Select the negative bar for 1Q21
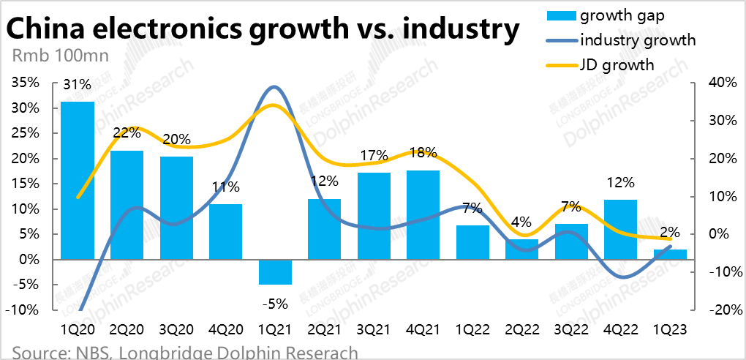(x=275, y=272)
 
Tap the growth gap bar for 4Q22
(x=621, y=230)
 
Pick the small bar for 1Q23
(x=670, y=255)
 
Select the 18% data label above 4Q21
(x=423, y=153)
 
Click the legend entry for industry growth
(x=636, y=40)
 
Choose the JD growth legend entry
(x=617, y=65)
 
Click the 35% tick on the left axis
(x=27, y=83)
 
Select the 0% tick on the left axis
(x=31, y=260)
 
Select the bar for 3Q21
(x=374, y=216)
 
